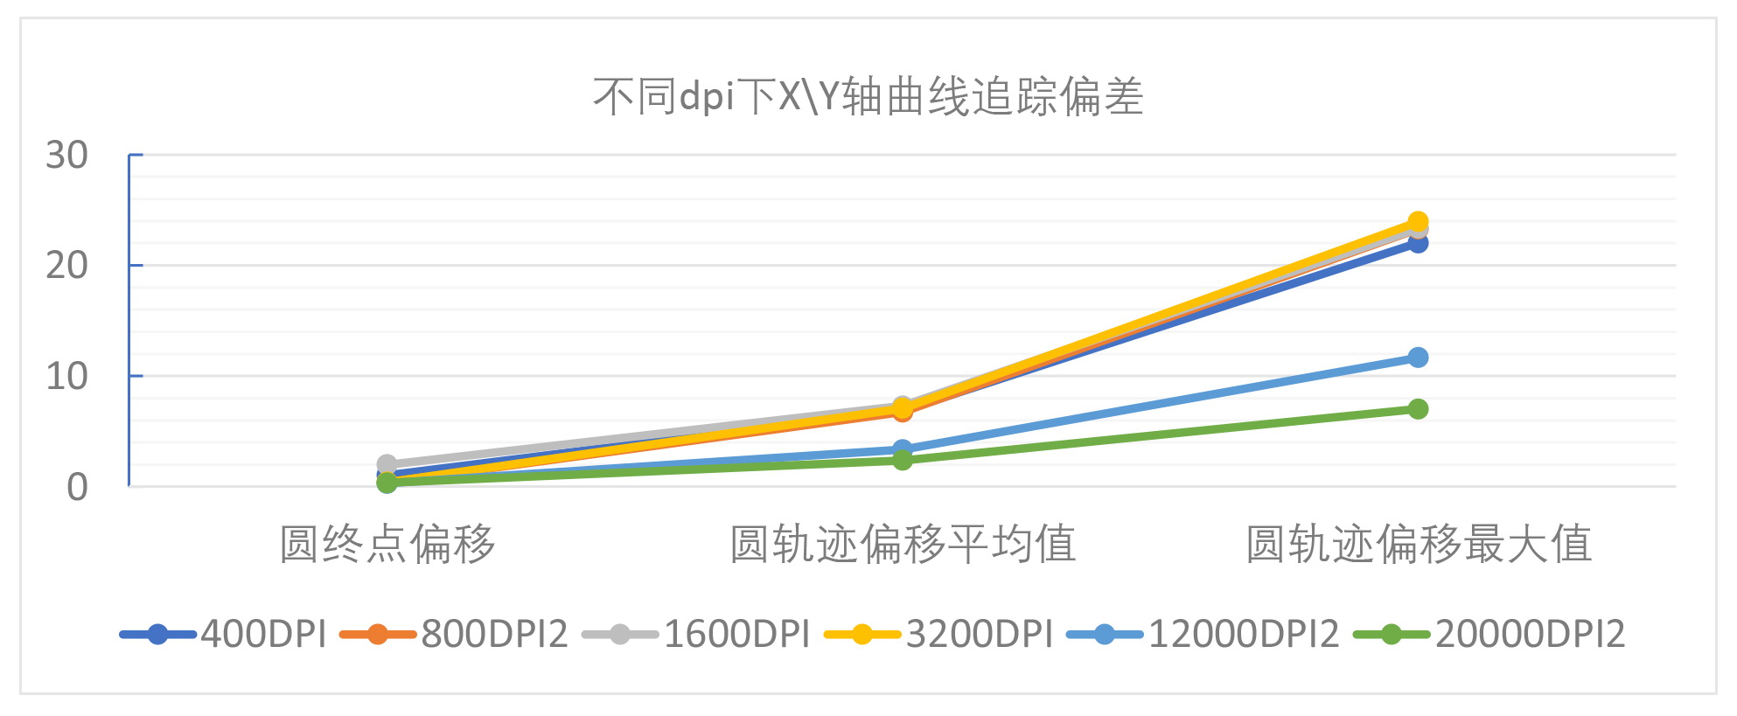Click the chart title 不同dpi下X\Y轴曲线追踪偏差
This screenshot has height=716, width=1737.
pyautogui.click(x=868, y=96)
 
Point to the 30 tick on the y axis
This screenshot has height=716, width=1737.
pyautogui.click(x=66, y=156)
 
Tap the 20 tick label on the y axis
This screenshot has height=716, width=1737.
pyautogui.click(x=66, y=266)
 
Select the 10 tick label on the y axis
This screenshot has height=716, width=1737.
pyautogui.click(x=66, y=377)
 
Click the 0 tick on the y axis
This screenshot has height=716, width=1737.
pyautogui.click(x=77, y=488)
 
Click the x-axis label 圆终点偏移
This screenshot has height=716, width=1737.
pyautogui.click(x=387, y=544)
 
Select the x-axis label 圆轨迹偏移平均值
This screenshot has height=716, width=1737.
pyautogui.click(x=902, y=544)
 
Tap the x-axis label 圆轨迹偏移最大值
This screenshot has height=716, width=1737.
pyautogui.click(x=1418, y=544)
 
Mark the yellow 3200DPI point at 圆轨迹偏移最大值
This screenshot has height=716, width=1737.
pyautogui.click(x=1418, y=221)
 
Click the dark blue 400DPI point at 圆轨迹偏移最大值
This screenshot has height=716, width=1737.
pyautogui.click(x=1418, y=243)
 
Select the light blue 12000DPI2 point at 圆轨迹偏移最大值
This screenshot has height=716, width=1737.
pyautogui.click(x=1418, y=358)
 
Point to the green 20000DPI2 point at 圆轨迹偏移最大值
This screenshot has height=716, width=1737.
pyautogui.click(x=1418, y=409)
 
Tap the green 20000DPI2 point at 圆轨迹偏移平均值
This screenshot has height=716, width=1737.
pyautogui.click(x=902, y=460)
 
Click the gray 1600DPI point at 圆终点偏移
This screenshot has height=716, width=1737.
pyautogui.click(x=387, y=464)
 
